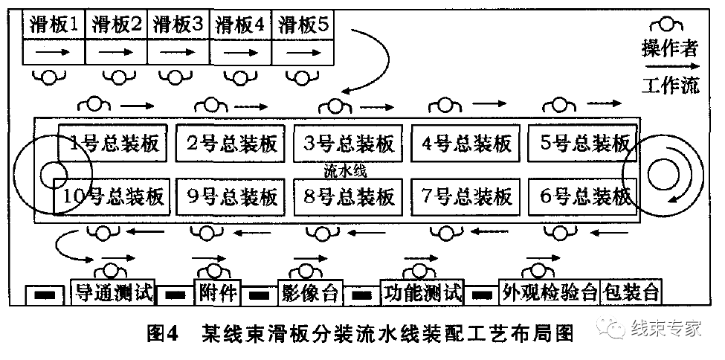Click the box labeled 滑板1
click(x=54, y=24)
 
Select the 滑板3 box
click(x=178, y=24)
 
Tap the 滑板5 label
click(x=303, y=24)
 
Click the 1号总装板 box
click(x=115, y=143)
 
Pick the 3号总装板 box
click(x=350, y=143)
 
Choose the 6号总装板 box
click(x=585, y=196)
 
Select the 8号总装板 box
click(x=350, y=196)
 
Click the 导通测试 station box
click(x=113, y=292)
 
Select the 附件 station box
click(x=216, y=292)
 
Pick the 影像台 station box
click(x=309, y=292)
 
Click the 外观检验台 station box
click(x=550, y=292)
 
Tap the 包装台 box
click(x=631, y=292)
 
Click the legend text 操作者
click(x=670, y=49)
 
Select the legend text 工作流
click(x=670, y=86)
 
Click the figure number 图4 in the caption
click(x=160, y=332)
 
